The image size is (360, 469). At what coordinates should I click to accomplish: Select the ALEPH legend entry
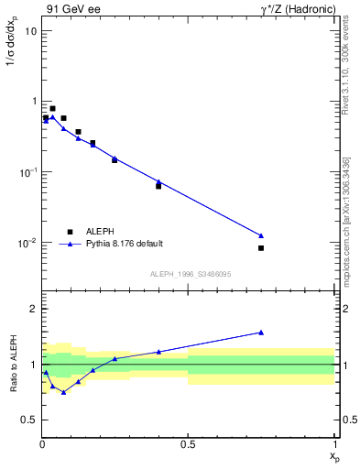click(x=99, y=232)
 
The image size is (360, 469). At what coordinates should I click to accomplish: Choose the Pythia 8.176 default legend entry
click(x=124, y=244)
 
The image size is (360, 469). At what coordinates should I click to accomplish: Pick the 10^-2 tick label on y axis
click(x=27, y=243)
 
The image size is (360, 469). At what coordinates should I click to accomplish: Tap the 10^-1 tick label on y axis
click(x=27, y=172)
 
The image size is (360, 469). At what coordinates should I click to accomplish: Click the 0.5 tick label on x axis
click(x=188, y=443)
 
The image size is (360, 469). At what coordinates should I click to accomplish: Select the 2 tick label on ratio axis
click(x=32, y=310)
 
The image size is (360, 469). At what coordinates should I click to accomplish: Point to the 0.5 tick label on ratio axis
click(x=28, y=420)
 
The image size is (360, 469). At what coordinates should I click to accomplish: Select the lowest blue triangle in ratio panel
click(x=63, y=392)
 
